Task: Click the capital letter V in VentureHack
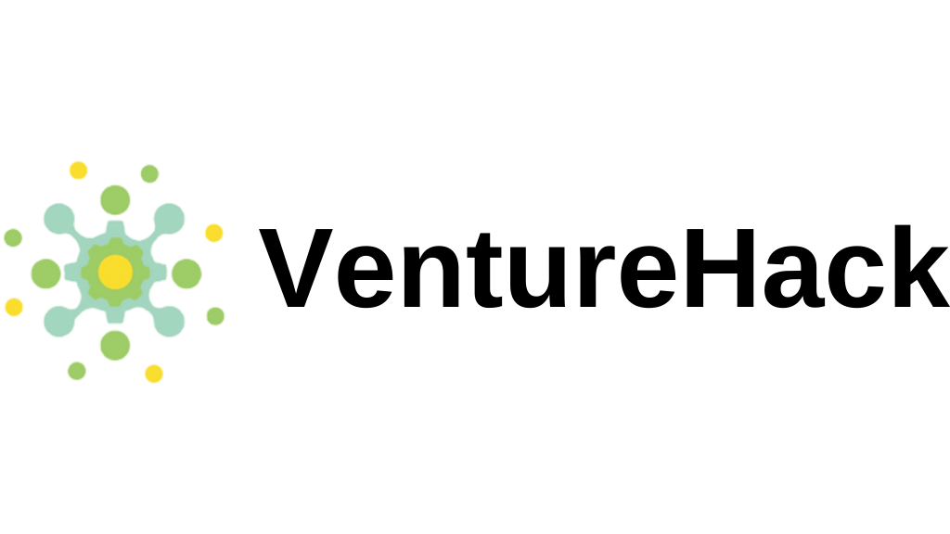pos(296,268)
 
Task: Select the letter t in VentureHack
pos(484,271)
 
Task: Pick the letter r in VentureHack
pos(597,276)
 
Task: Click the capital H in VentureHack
pos(720,268)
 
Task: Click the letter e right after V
pos(366,277)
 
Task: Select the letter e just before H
pos(648,277)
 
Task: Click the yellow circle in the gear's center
pos(115,273)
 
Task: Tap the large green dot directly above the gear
pos(115,200)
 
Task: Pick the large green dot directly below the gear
pos(115,346)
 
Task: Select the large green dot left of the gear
pos(46,273)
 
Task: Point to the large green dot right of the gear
pos(186,273)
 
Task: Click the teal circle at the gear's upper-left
pos(59,219)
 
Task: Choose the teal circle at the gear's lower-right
pos(169,322)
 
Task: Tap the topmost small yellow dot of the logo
pos(78,171)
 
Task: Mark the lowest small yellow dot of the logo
pos(154,374)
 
